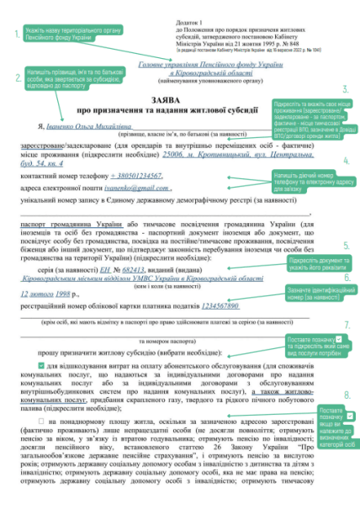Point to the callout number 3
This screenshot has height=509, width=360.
coord(346,88)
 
